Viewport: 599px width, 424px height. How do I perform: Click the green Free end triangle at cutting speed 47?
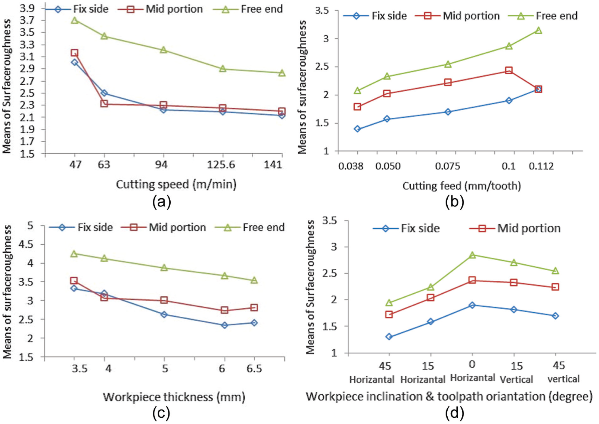point(75,20)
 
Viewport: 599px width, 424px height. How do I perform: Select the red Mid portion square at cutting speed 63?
point(104,104)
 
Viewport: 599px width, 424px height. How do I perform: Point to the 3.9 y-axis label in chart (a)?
point(27,9)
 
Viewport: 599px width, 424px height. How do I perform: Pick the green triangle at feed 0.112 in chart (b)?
point(538,30)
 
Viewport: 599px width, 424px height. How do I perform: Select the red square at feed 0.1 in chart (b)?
point(509,71)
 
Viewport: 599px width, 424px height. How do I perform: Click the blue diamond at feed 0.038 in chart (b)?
point(357,129)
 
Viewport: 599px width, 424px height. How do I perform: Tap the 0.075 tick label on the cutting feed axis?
point(448,166)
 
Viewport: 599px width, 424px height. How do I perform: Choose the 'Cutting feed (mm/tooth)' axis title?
point(462,186)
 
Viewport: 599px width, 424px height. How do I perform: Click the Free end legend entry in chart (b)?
point(545,16)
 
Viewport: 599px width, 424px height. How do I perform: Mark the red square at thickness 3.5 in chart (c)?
point(74,281)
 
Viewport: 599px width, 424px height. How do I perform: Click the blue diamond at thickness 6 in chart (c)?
point(225,325)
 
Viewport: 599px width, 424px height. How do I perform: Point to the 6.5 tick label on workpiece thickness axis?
point(254,369)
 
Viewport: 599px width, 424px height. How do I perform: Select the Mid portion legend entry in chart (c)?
point(164,228)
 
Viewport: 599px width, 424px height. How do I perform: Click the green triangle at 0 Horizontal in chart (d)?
point(472,255)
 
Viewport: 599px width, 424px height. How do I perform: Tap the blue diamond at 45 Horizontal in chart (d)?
point(389,337)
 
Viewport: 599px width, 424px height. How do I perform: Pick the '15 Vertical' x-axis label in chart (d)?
point(516,372)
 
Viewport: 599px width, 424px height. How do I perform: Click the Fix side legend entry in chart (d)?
point(406,228)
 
